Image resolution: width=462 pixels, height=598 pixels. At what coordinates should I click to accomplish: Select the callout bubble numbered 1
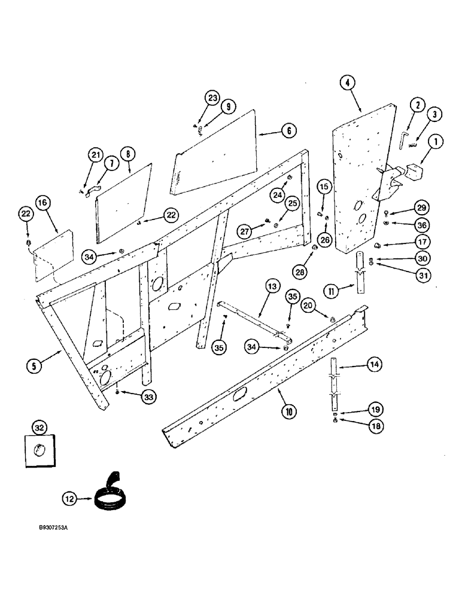coord(435,142)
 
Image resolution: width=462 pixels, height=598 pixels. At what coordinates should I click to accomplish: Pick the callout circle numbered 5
coord(35,364)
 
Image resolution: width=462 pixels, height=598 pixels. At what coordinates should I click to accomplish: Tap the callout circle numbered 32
coord(39,428)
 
